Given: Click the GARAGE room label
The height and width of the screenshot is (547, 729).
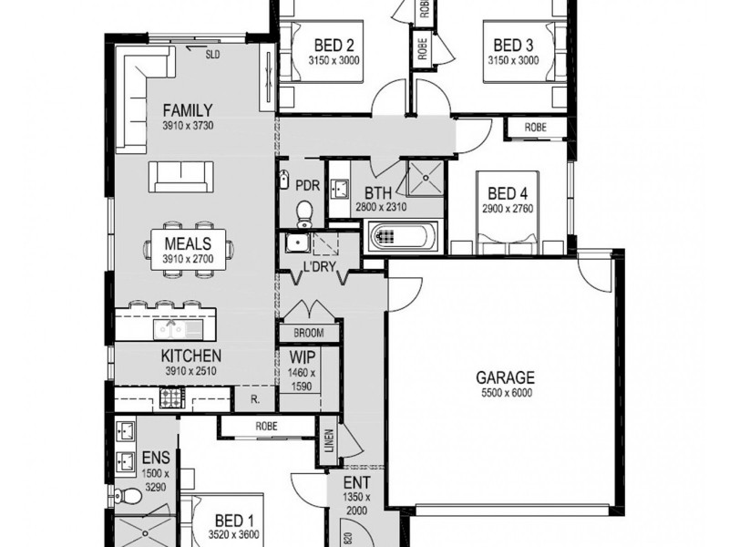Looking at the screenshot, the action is pyautogui.click(x=505, y=377).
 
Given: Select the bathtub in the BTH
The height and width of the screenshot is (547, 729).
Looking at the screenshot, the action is pyautogui.click(x=403, y=236).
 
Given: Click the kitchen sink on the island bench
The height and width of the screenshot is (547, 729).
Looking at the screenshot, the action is pyautogui.click(x=171, y=330).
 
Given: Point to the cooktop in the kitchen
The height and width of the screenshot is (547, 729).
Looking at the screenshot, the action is pyautogui.click(x=172, y=398).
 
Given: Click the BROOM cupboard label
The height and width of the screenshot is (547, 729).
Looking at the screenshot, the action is pyautogui.click(x=309, y=333).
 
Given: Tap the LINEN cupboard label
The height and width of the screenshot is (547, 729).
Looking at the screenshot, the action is pyautogui.click(x=329, y=440).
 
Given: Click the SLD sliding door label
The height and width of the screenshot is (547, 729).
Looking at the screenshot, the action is pyautogui.click(x=212, y=55).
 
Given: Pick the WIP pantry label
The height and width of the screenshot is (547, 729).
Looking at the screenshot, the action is pyautogui.click(x=303, y=357).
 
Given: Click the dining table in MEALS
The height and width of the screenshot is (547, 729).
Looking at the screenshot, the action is pyautogui.click(x=188, y=250).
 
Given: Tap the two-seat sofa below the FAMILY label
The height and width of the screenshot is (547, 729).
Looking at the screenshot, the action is pyautogui.click(x=181, y=177).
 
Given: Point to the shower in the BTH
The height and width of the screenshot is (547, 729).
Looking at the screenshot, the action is pyautogui.click(x=426, y=178).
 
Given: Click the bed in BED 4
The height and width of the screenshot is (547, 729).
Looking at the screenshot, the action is pyautogui.click(x=508, y=207).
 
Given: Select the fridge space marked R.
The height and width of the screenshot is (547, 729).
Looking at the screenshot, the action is pyautogui.click(x=255, y=399).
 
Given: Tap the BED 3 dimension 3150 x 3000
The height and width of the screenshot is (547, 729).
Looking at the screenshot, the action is pyautogui.click(x=513, y=60).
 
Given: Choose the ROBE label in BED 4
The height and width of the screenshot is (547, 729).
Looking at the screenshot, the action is pyautogui.click(x=536, y=128).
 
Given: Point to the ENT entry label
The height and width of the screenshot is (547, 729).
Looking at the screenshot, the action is pyautogui.click(x=357, y=482).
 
